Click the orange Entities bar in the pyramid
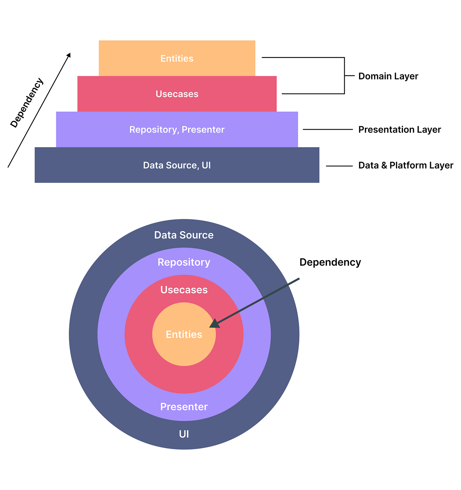177,58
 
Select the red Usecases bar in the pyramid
177,94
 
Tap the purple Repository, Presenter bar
177,129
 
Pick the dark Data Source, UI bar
177,165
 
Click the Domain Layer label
388,76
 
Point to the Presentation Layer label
399,130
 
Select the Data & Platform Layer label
405,165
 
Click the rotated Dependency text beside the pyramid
27,103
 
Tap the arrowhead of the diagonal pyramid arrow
69,55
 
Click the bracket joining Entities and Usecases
344,76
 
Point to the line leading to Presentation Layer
327,129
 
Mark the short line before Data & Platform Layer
339,166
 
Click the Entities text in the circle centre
184,335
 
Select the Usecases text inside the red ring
184,290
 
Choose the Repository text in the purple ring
184,262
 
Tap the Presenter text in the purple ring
184,407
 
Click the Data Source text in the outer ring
184,235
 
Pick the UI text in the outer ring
184,434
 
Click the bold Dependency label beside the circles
330,262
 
